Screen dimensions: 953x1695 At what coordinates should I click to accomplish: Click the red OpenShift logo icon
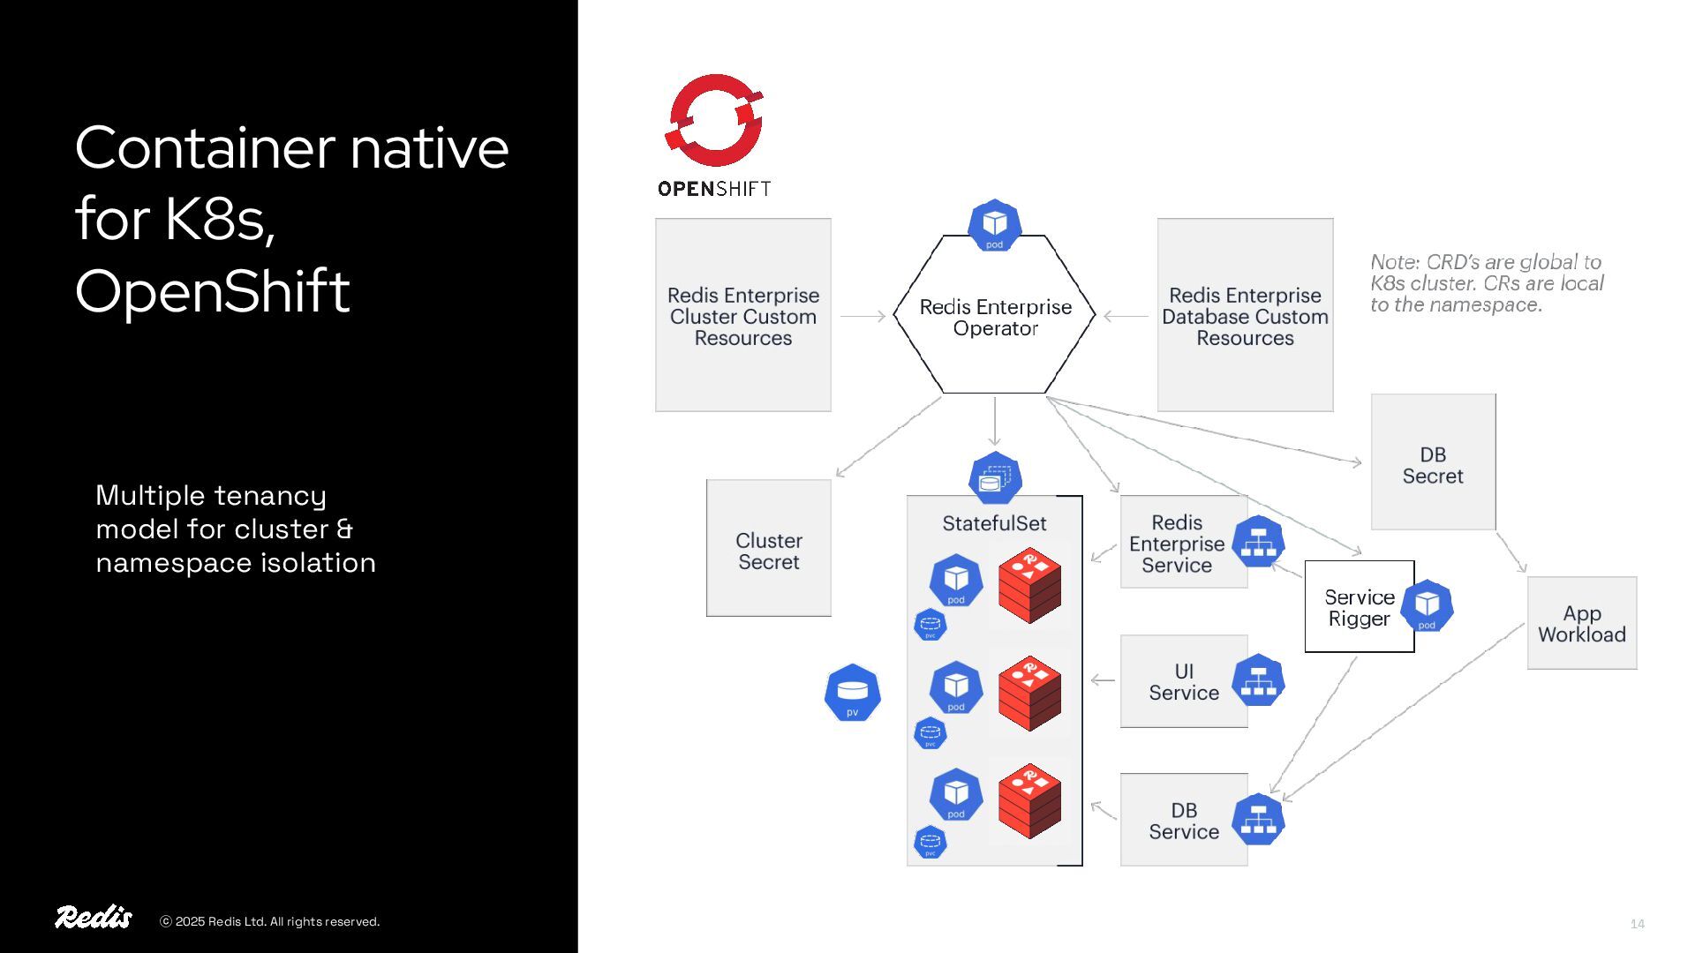pos(713,121)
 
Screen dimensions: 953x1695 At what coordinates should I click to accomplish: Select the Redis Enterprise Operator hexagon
pos(995,318)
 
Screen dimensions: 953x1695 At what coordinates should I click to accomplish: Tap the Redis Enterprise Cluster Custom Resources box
pos(742,315)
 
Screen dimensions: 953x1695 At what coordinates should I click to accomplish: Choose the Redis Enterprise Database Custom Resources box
pos(1245,315)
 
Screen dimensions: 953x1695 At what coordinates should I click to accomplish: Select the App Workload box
pos(1581,623)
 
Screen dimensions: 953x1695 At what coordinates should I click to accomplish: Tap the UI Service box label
pos(1183,681)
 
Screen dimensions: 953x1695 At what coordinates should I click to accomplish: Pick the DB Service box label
pos(1183,821)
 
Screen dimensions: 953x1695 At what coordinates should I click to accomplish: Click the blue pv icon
pos(852,693)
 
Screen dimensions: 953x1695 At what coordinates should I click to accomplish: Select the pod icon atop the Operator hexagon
pos(995,225)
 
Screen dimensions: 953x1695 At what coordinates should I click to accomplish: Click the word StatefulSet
pos(994,523)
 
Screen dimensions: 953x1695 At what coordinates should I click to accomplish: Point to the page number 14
pos(1637,924)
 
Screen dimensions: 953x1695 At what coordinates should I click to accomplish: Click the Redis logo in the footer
pos(94,918)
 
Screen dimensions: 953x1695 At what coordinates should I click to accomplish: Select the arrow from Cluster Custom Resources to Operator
pos(863,316)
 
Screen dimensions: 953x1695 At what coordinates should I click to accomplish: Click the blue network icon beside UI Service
pos(1258,681)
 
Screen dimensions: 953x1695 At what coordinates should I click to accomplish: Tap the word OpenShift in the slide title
pos(213,291)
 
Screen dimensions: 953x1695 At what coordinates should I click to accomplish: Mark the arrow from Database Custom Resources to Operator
pos(1126,316)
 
